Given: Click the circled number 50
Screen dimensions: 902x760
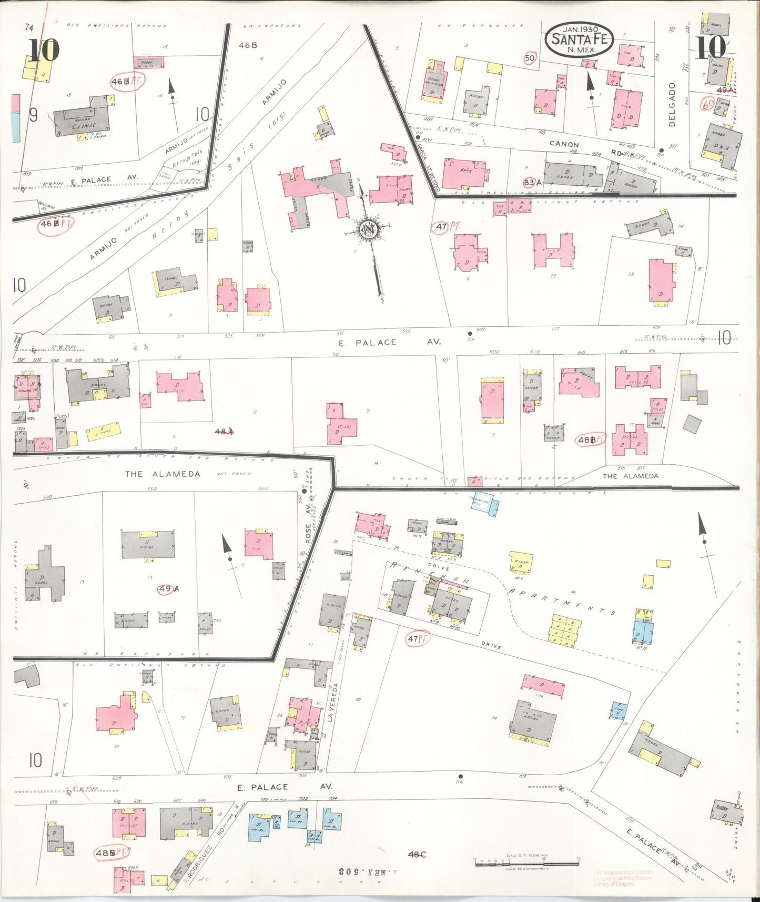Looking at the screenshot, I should [x=529, y=58].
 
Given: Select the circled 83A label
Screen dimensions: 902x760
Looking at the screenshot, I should [x=532, y=183].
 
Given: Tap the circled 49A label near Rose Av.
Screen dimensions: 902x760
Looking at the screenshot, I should [x=169, y=589].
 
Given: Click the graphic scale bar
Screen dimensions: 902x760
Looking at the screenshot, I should [x=526, y=862].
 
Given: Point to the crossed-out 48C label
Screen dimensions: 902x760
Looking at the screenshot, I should [x=417, y=854].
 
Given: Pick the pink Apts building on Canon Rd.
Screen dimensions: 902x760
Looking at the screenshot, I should [x=464, y=173].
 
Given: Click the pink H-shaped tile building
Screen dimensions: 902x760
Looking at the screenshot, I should [x=552, y=250].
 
